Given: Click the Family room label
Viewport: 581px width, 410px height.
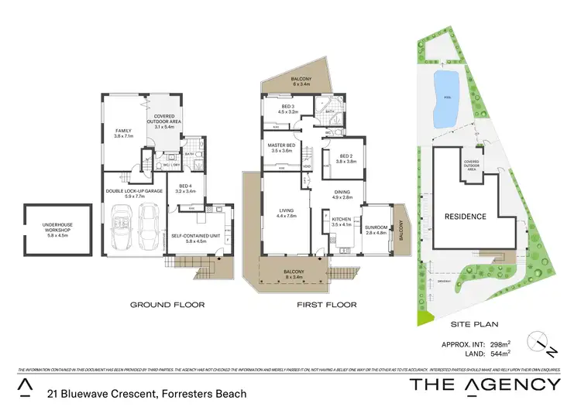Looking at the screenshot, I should [x=124, y=133].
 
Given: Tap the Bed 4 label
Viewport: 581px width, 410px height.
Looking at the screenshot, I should [x=187, y=188].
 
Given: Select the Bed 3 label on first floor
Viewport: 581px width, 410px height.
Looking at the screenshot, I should [x=288, y=109].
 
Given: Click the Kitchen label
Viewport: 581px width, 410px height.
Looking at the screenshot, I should [x=342, y=221].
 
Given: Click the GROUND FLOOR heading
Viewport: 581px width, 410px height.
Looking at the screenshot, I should [x=167, y=305].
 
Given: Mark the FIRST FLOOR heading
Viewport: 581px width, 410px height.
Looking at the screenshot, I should [x=327, y=305].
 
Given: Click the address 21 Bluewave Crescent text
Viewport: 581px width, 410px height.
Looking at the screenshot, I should [x=147, y=394].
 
